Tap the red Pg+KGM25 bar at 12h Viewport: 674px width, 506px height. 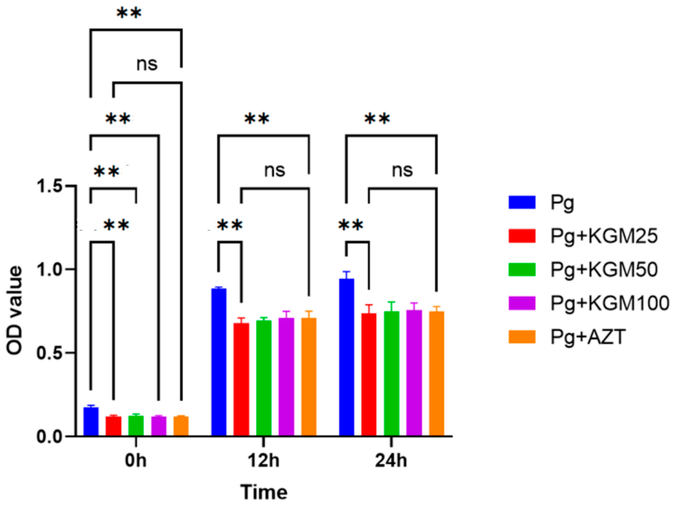[x=241, y=379]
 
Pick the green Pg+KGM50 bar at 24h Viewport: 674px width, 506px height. [x=391, y=373]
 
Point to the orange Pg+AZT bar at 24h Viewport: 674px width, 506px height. [x=437, y=373]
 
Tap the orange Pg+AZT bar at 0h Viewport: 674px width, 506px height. [x=181, y=426]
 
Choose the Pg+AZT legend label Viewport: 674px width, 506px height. [x=588, y=337]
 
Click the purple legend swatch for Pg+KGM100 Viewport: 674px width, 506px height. [x=522, y=303]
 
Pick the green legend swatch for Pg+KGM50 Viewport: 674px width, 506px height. [x=522, y=269]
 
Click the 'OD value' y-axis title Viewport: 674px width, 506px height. [x=15, y=311]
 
